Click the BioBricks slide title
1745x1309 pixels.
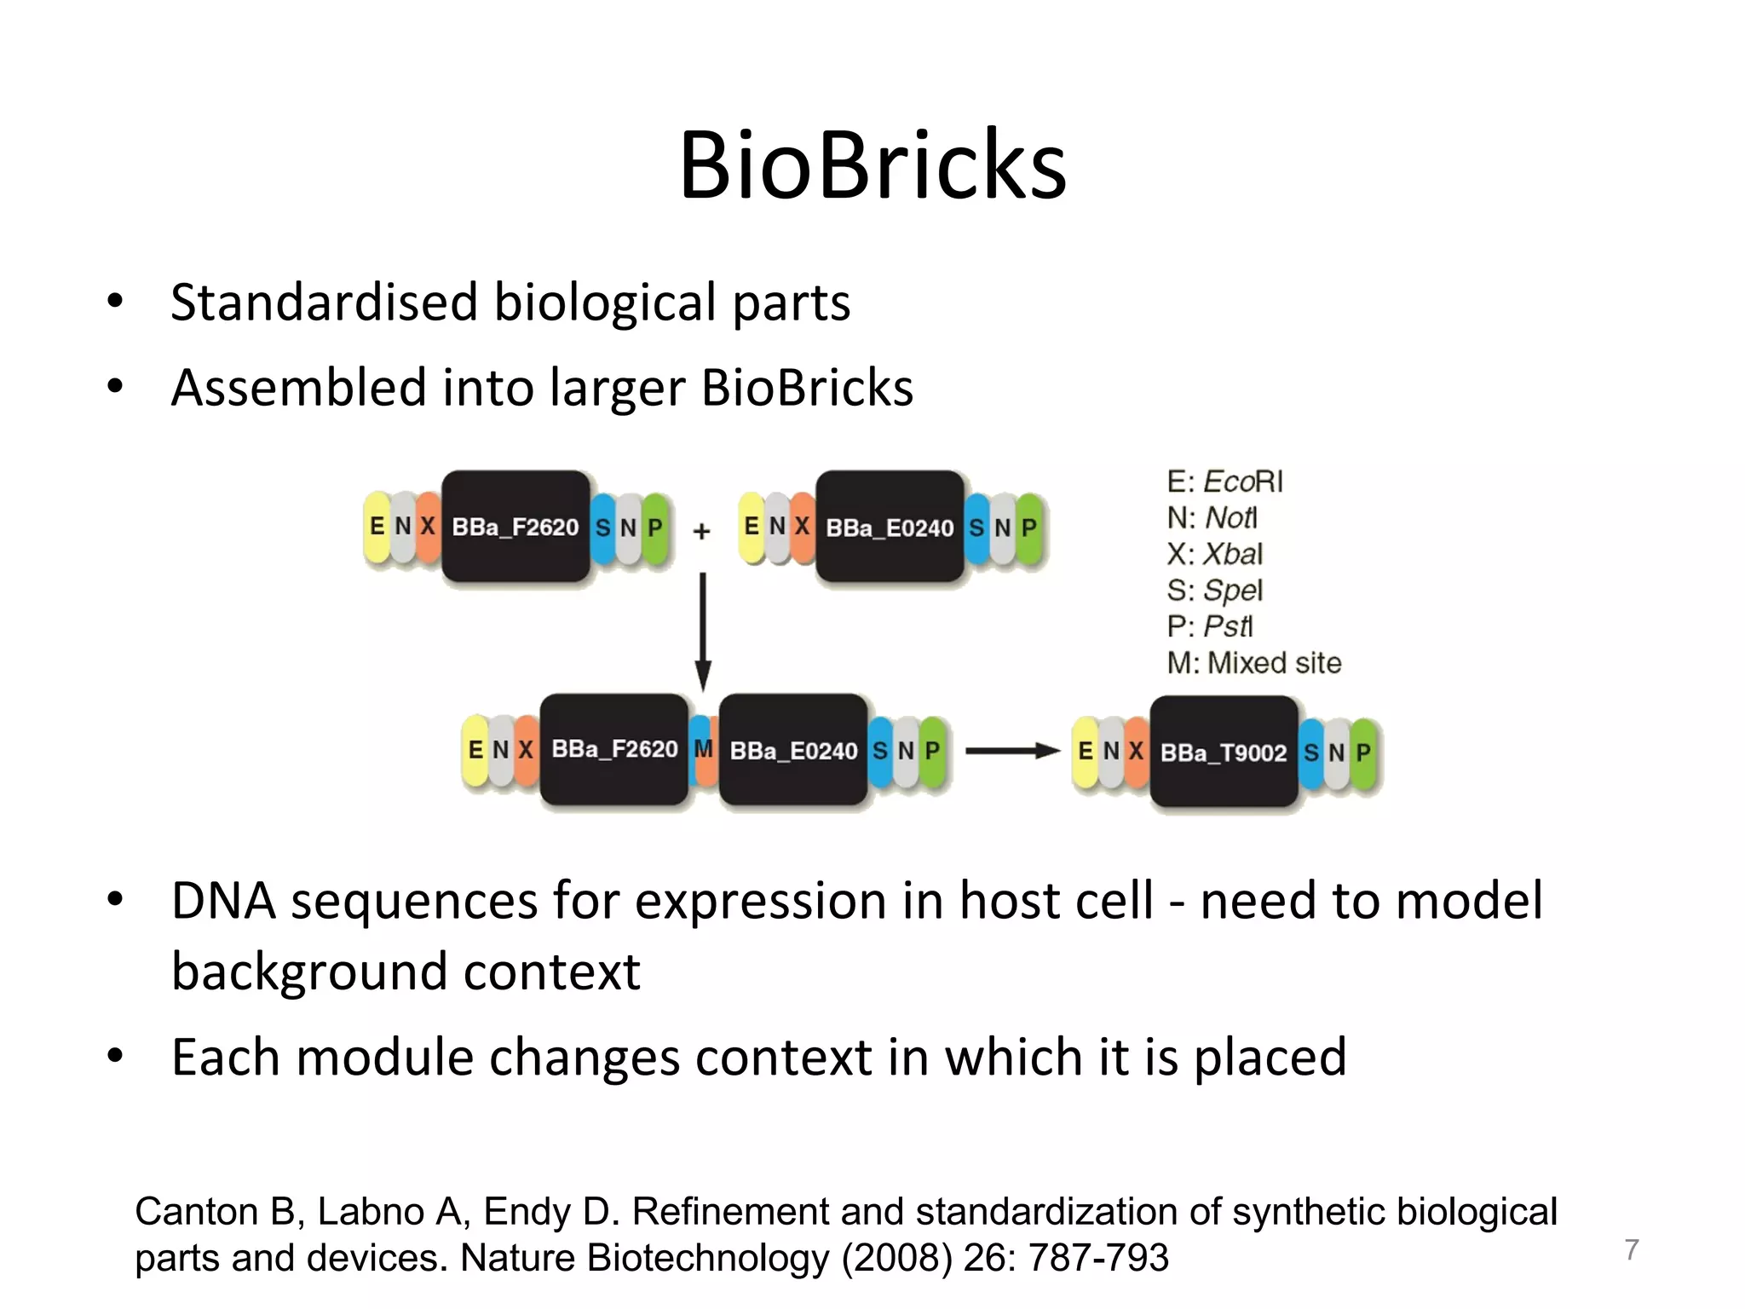(x=872, y=164)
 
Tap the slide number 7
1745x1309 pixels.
(x=1631, y=1249)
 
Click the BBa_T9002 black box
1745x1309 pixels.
(x=1224, y=752)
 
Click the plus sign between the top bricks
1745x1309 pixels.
(x=701, y=532)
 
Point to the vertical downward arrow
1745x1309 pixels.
(x=703, y=631)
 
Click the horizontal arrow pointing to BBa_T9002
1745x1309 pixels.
(x=1011, y=751)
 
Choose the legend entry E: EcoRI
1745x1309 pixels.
(x=1224, y=482)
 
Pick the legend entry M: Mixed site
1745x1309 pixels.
(x=1253, y=663)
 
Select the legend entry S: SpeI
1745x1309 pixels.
(x=1214, y=591)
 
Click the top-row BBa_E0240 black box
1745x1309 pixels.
(x=890, y=528)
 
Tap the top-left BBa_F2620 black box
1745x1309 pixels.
(x=515, y=528)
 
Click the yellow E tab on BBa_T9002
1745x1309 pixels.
(x=1085, y=752)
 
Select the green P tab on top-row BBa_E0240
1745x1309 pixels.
(x=1029, y=528)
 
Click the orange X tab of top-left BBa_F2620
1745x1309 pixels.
(x=429, y=528)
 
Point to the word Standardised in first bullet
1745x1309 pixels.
(x=324, y=303)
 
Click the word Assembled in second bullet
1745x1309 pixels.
(x=298, y=389)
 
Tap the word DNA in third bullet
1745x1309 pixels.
(x=223, y=901)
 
